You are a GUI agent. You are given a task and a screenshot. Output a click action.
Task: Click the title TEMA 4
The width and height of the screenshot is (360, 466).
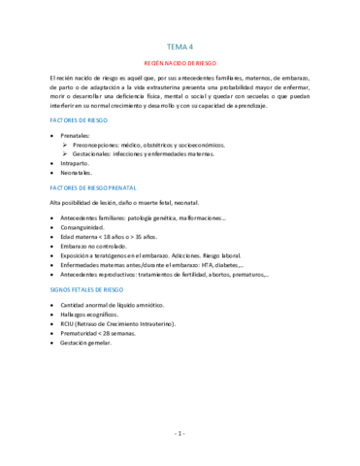click(180, 46)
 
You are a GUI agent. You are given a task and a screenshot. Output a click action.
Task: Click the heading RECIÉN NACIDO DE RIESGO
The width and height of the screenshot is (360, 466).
click(180, 60)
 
